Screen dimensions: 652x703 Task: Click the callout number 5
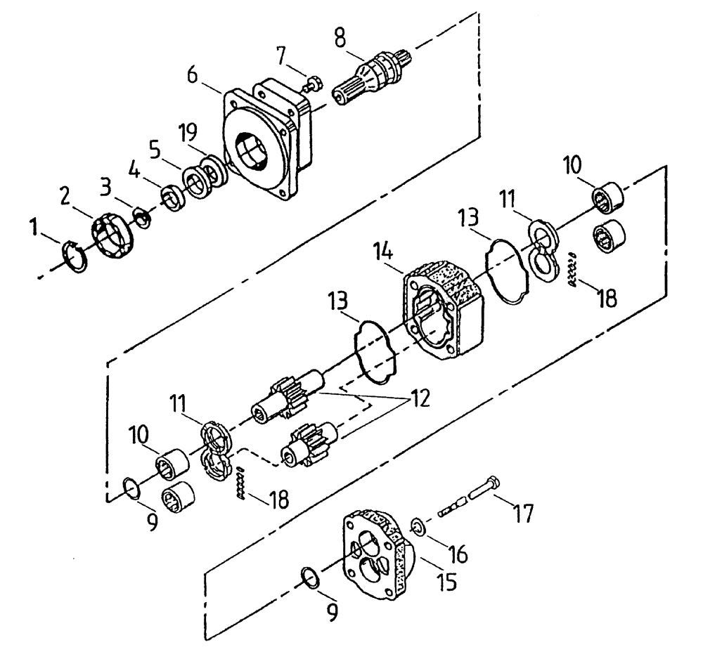153,149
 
